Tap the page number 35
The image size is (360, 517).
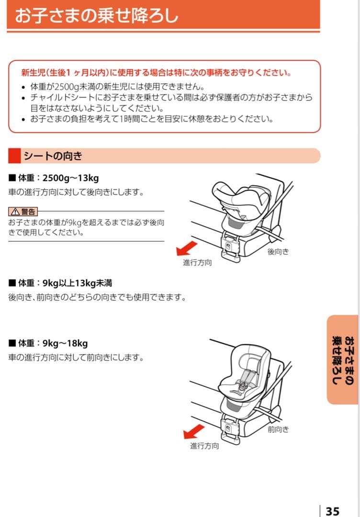click(x=332, y=511)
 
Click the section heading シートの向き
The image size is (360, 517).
click(x=54, y=156)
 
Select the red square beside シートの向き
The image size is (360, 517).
click(x=15, y=156)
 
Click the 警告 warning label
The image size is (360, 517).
click(x=22, y=211)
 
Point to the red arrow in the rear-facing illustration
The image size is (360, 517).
click(x=186, y=248)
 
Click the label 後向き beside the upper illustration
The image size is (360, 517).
click(x=278, y=252)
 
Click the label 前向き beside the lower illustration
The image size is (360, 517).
click(x=278, y=429)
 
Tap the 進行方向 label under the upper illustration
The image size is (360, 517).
click(x=197, y=263)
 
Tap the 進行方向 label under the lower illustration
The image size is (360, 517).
click(x=204, y=446)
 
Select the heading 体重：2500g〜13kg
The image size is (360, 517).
click(x=54, y=179)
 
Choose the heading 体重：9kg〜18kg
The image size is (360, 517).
click(x=48, y=343)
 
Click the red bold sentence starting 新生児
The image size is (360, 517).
click(x=156, y=73)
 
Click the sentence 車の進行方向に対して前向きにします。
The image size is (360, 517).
click(x=76, y=358)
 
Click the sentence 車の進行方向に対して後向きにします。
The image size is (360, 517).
click(x=76, y=192)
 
